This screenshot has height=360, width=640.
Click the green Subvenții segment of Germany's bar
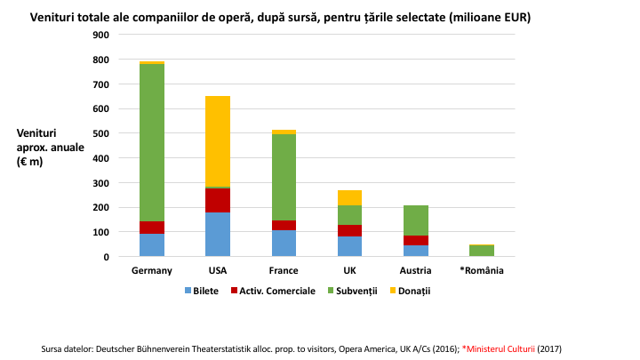click(x=152, y=142)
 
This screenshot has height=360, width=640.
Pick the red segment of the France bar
click(x=284, y=226)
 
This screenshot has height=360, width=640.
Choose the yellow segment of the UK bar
click(x=349, y=197)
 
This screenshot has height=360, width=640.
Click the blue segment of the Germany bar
click(x=152, y=245)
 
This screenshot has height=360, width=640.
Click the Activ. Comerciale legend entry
click(x=272, y=291)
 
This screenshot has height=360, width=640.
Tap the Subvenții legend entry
click(x=355, y=291)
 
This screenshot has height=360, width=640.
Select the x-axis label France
click(x=284, y=271)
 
